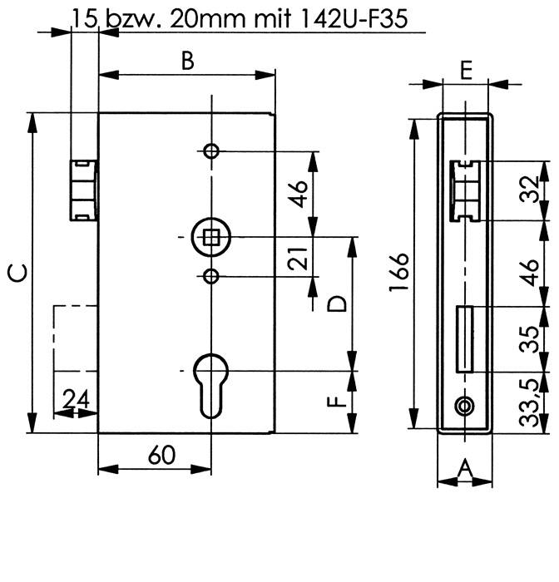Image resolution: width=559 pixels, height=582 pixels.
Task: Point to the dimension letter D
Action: pyautogui.click(x=336, y=303)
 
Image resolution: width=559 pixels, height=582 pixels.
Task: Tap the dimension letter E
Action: pyautogui.click(x=466, y=69)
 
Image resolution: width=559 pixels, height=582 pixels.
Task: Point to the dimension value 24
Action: pyautogui.click(x=76, y=400)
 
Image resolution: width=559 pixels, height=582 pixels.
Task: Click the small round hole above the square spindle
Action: pyautogui.click(x=211, y=151)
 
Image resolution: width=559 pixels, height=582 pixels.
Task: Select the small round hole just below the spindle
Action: pyautogui.click(x=211, y=276)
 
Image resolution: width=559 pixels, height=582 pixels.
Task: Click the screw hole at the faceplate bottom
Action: pyautogui.click(x=464, y=405)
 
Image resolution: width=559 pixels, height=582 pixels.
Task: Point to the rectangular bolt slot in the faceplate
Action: pyautogui.click(x=464, y=339)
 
